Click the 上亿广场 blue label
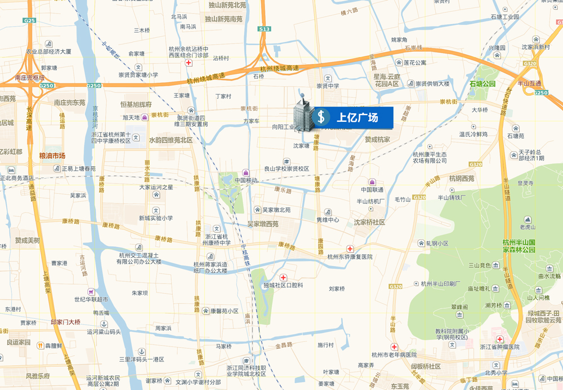click(x=357, y=117)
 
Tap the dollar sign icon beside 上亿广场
click(x=321, y=117)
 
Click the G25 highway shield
click(x=29, y=20)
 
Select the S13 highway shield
click(x=264, y=29)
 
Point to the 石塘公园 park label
click(x=482, y=83)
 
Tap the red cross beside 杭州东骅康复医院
click(x=350, y=249)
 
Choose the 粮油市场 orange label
click(x=52, y=156)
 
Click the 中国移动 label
click(x=246, y=180)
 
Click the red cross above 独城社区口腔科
click(x=283, y=278)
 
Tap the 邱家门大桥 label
click(x=65, y=322)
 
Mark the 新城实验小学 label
click(x=156, y=218)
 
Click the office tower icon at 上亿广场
click(x=302, y=113)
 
